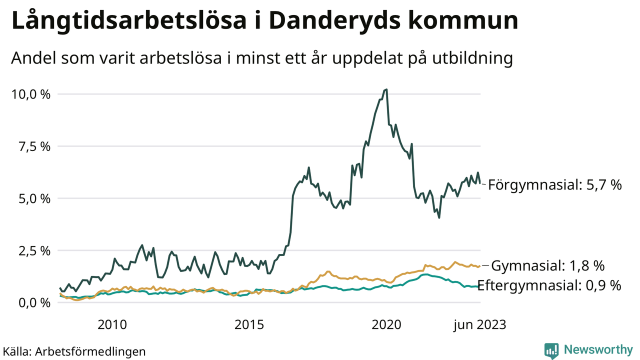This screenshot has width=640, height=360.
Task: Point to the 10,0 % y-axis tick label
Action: click(30, 94)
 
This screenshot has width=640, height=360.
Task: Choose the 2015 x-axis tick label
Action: click(248, 325)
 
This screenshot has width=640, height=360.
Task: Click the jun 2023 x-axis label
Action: click(479, 325)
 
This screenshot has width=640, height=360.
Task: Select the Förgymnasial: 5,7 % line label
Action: click(554, 185)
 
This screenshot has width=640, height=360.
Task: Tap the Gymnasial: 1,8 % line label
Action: click(548, 265)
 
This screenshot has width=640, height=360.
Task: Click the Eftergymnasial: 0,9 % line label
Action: click(549, 285)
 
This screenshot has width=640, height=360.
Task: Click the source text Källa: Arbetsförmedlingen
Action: click(74, 351)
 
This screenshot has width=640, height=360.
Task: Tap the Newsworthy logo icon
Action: click(551, 350)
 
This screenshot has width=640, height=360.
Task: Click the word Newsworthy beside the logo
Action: click(598, 350)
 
